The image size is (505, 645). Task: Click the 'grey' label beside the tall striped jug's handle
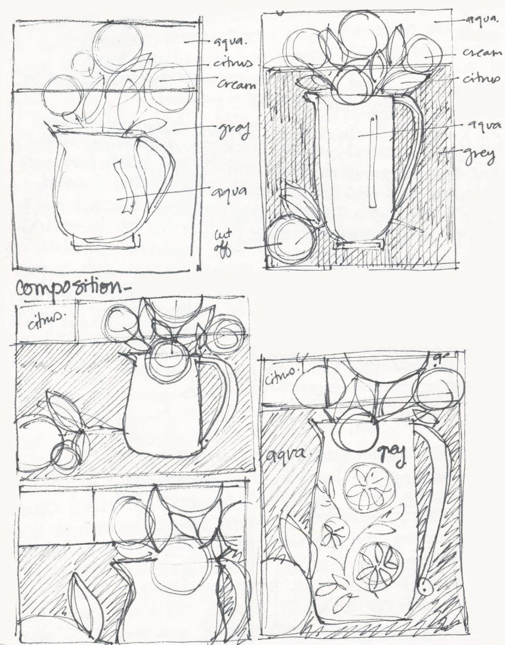tap(479, 156)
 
